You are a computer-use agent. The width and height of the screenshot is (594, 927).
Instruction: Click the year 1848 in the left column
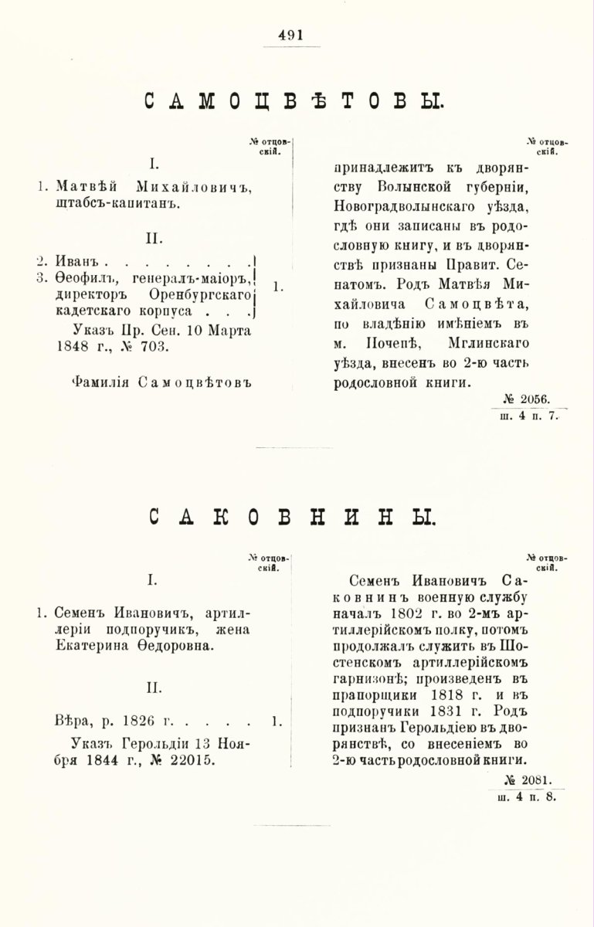pyautogui.click(x=63, y=347)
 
